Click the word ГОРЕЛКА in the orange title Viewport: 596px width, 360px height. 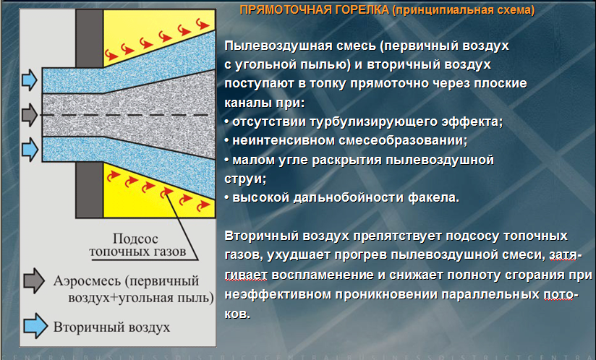[362, 9]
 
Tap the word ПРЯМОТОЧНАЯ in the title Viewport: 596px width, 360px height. [285, 9]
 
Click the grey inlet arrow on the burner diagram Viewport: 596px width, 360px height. [30, 114]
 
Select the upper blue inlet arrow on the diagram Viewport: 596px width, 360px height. [30, 80]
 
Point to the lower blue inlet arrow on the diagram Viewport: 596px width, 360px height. [30, 149]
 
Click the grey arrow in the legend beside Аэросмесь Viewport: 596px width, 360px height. [34, 281]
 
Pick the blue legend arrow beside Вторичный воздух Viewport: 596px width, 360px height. [35, 325]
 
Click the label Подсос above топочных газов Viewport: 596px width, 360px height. [135, 239]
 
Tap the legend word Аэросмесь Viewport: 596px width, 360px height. [87, 281]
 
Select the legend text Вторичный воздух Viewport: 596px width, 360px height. [111, 327]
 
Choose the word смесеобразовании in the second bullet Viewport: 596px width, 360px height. [403, 141]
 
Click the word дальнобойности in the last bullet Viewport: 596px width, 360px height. [346, 198]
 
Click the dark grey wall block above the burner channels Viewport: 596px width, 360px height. [89, 38]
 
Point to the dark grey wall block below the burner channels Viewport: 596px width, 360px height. [89, 190]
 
